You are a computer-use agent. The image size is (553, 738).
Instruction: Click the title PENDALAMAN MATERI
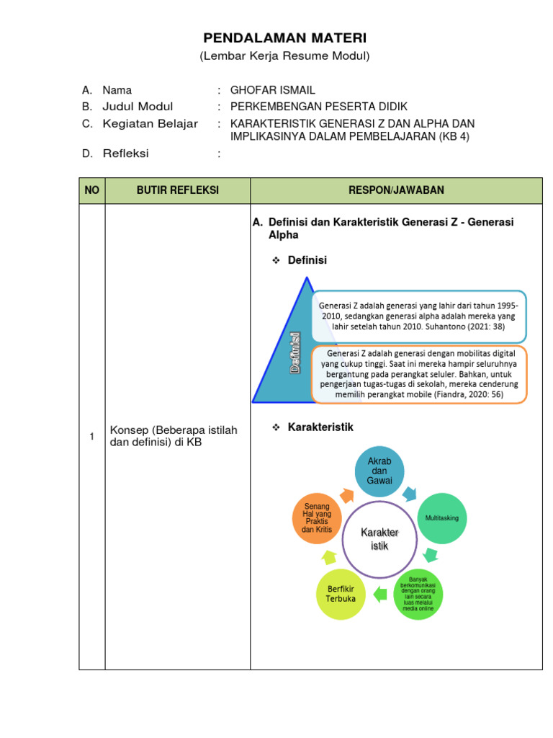(x=284, y=38)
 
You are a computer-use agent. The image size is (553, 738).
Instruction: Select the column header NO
(x=92, y=190)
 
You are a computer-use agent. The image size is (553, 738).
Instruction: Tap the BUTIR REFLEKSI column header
(x=178, y=190)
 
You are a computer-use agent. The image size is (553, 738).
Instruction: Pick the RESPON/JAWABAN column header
(x=396, y=190)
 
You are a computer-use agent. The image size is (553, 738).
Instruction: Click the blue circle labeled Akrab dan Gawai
(x=379, y=471)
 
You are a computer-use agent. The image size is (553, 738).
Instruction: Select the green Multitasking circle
(x=442, y=518)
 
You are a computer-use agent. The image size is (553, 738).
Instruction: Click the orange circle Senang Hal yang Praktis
(x=317, y=518)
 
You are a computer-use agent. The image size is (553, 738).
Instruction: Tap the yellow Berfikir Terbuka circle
(x=342, y=594)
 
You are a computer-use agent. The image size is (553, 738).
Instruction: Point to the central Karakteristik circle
(x=379, y=540)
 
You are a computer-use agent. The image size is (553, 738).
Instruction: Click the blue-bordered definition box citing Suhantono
(x=420, y=316)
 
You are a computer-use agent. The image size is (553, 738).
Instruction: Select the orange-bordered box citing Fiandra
(x=419, y=374)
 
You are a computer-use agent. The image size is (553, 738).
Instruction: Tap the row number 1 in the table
(x=91, y=437)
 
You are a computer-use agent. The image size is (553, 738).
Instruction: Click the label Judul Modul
(x=138, y=107)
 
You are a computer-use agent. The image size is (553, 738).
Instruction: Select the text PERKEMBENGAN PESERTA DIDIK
(x=319, y=107)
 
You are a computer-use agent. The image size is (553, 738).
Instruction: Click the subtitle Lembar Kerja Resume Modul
(x=284, y=56)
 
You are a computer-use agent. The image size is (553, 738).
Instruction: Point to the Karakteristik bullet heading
(x=320, y=427)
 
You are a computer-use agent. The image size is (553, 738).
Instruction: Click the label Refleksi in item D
(x=125, y=153)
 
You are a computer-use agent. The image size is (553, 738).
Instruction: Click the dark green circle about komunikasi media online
(x=418, y=594)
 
